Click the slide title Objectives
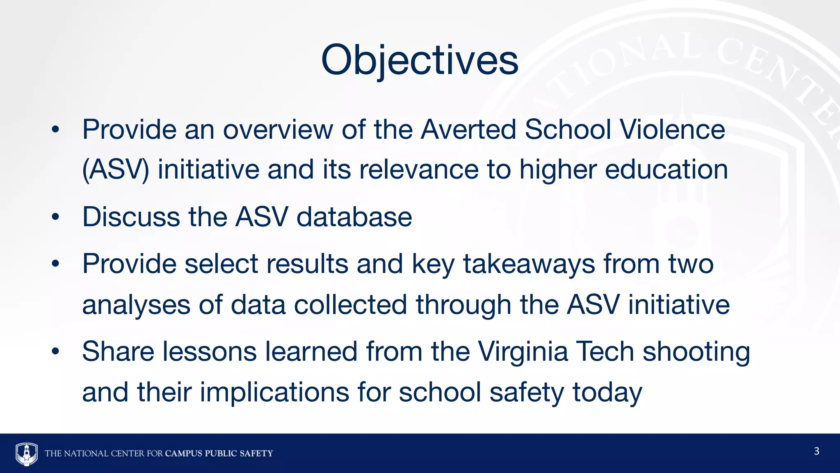coord(420,60)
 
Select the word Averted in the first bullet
coord(468,130)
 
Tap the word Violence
coord(672,130)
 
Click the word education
coord(667,170)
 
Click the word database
coord(354,217)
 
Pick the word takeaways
coord(529,264)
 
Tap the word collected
coord(351,305)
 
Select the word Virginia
coord(523,352)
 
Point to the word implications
coord(274,393)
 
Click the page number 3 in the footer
coord(816,451)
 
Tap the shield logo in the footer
coord(27,453)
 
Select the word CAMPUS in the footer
coord(184,453)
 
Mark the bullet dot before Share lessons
coord(56,352)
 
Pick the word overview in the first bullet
coord(278,130)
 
